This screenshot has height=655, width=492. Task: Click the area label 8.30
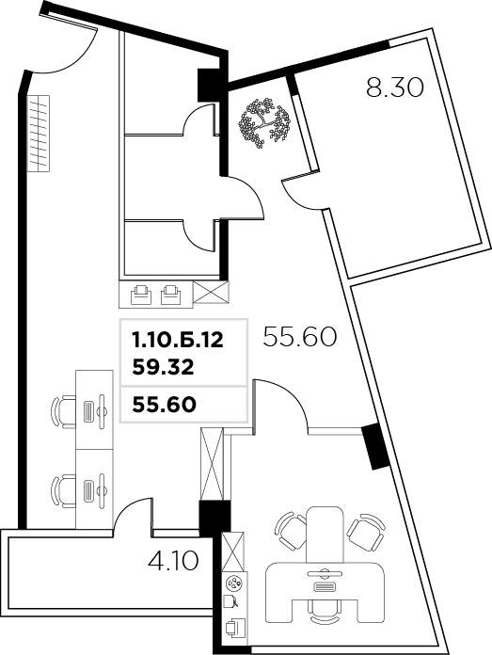pos(395,88)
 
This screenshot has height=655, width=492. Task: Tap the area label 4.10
pos(173,561)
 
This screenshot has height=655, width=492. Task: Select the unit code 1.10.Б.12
pos(178,340)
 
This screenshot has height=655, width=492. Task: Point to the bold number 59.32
pos(163,368)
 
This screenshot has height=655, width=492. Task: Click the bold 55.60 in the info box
pos(164,405)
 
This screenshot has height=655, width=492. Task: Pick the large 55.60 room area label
pos(299,337)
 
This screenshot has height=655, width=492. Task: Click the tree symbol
pos(264,122)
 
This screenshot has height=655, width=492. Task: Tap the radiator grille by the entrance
pos(38,134)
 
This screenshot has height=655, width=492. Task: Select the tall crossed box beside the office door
pos(213,464)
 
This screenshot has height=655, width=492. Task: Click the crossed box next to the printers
pos(211,292)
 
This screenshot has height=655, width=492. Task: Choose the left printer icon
pos(142,296)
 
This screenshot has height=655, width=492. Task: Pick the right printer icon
pos(171,296)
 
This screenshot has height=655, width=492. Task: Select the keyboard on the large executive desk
pos(325,587)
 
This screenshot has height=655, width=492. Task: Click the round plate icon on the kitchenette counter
pos(234,583)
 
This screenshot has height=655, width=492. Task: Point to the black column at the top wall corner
pos(212,85)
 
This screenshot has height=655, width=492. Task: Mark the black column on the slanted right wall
pos(375,447)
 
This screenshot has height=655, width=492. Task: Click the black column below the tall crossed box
pos(214,519)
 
